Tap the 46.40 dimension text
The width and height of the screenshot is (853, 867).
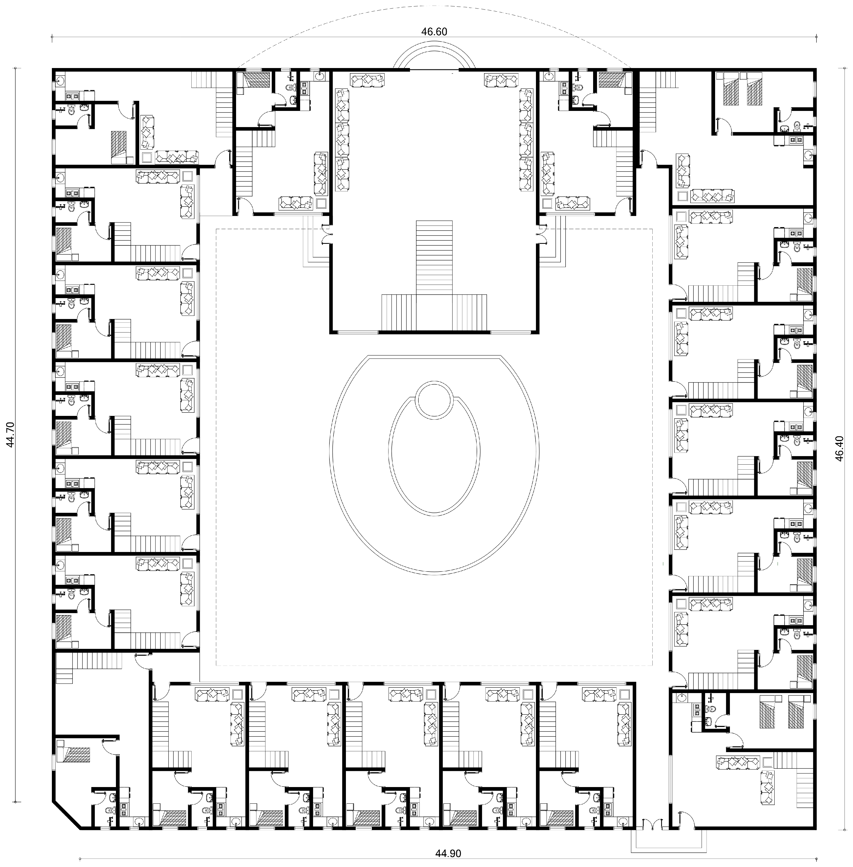coord(839,448)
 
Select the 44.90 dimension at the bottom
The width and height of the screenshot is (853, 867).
coord(448,853)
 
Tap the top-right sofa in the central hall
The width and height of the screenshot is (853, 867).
coord(501,81)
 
